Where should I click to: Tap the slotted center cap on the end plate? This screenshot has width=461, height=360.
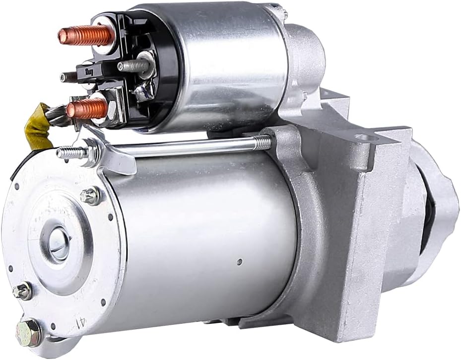click(59, 243)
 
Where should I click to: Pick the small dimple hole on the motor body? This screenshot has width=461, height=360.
click(239, 261)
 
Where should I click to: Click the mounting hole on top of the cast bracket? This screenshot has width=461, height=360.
click(362, 138)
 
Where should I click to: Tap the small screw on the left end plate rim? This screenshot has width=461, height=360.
click(22, 291)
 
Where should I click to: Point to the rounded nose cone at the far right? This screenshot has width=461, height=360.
click(442, 209)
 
